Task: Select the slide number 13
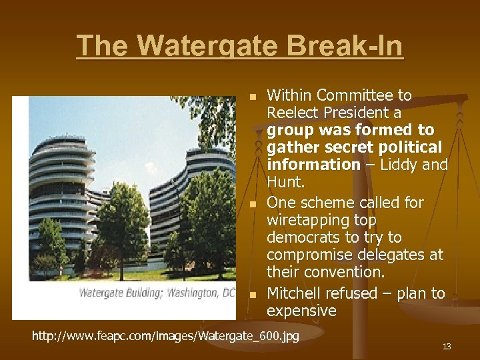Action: [447, 346]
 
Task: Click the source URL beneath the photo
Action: [166, 335]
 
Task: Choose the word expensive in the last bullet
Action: [301, 311]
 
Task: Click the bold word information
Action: [313, 165]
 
